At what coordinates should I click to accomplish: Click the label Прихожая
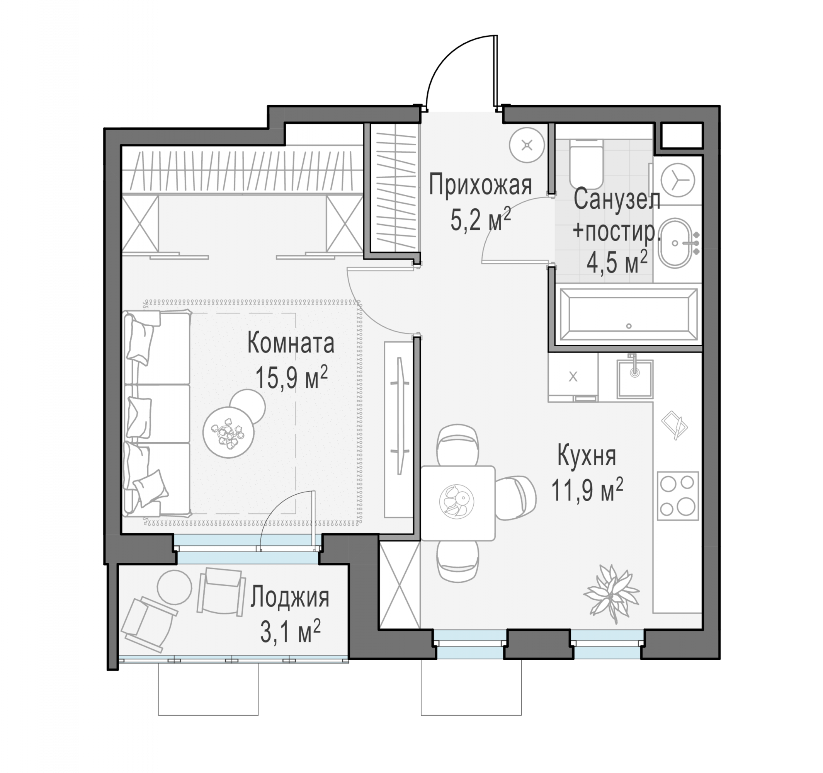[480, 185]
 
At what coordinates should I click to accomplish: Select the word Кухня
[587, 455]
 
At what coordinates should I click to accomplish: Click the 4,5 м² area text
[617, 262]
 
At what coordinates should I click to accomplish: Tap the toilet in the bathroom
[586, 164]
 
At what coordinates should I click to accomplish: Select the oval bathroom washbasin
[675, 243]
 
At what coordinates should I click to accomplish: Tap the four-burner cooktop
[678, 495]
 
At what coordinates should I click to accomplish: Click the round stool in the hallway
[527, 145]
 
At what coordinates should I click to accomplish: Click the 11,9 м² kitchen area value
[587, 489]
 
